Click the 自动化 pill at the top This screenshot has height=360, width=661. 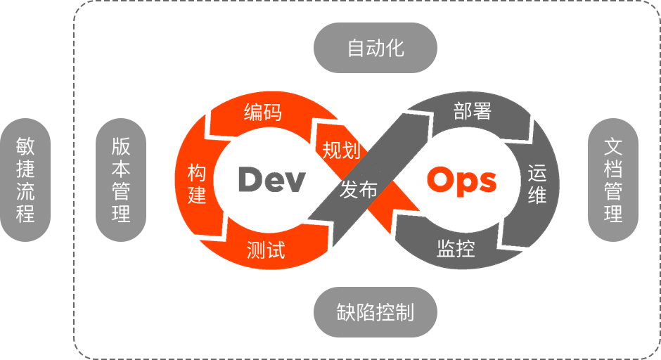(x=376, y=48)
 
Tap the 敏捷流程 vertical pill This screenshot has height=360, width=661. (x=25, y=180)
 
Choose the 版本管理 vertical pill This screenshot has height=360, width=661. (x=121, y=180)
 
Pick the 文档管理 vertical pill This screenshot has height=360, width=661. (x=613, y=180)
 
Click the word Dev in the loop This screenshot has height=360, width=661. (x=271, y=180)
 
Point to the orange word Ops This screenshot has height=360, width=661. (x=461, y=180)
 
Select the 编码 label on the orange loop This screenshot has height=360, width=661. (x=263, y=112)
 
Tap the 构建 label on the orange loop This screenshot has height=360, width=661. (x=197, y=184)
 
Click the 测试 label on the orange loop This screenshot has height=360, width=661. (x=266, y=249)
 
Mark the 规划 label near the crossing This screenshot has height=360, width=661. (x=342, y=150)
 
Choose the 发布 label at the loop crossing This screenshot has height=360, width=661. (x=359, y=189)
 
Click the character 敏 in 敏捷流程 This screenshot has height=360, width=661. (x=25, y=146)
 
